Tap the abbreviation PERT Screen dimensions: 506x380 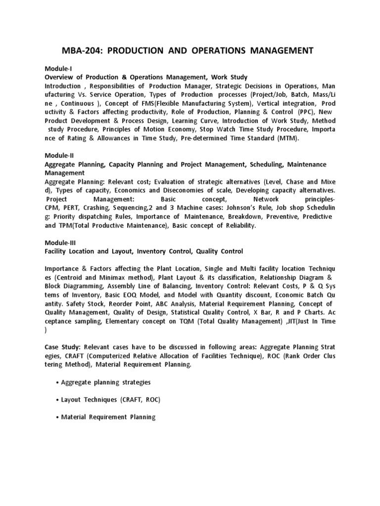click(x=75, y=208)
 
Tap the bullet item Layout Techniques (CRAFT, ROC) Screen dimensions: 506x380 click(x=111, y=400)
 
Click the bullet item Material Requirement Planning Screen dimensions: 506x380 click(x=108, y=417)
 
